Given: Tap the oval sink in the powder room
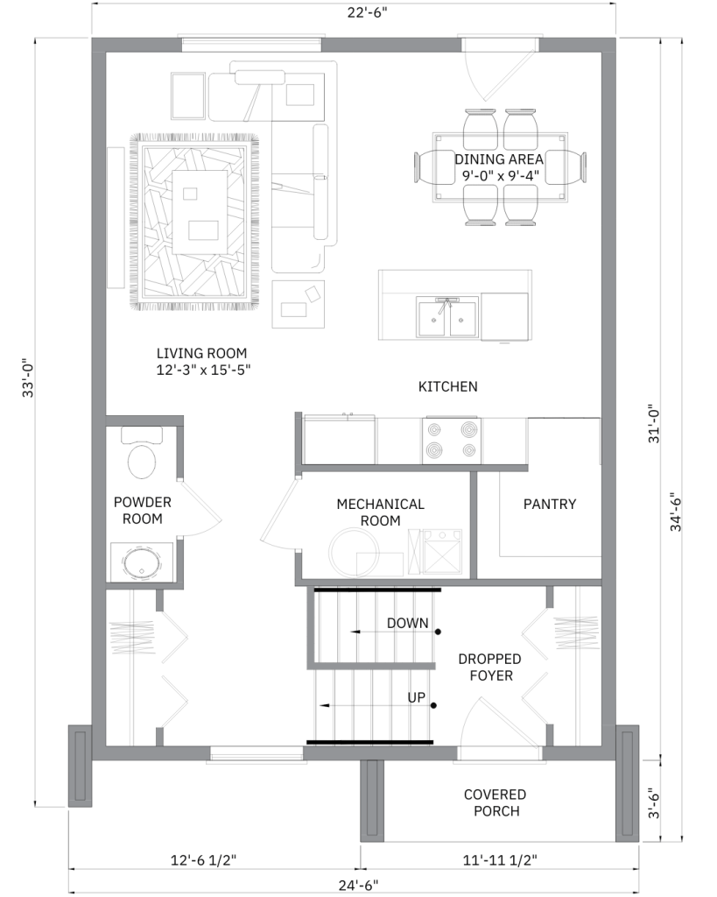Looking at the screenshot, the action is (141, 563).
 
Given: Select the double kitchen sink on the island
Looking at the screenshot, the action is (447, 318).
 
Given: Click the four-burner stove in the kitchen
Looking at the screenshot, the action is (452, 440).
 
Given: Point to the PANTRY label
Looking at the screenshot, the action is (550, 504).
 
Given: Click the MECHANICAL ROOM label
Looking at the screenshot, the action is (380, 512).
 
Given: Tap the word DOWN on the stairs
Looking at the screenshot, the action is (408, 623).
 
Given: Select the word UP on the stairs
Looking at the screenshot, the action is (416, 697).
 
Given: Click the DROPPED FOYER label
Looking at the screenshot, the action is (490, 667).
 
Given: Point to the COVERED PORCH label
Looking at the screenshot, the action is (496, 802).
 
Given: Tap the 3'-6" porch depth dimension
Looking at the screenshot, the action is (654, 804).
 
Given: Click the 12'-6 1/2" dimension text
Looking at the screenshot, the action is (204, 860).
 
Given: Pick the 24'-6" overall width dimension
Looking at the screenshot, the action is (359, 886).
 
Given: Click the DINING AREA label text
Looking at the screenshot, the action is (499, 159).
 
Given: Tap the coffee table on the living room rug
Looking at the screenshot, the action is (200, 212).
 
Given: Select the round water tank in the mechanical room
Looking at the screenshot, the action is (354, 552).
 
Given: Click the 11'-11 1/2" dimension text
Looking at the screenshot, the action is (500, 860).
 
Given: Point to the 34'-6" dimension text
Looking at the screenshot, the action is (677, 512).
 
